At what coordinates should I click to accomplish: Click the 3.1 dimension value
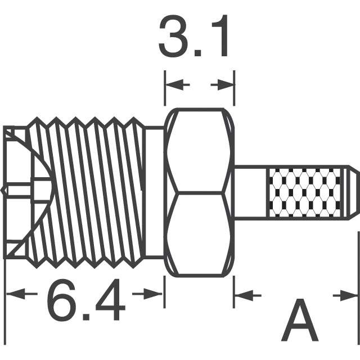click(x=193, y=35)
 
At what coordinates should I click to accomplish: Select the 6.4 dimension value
click(x=86, y=300)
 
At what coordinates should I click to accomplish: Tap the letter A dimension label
click(x=300, y=319)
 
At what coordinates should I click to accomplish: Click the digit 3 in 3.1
click(x=174, y=35)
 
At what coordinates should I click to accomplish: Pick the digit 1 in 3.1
click(x=220, y=35)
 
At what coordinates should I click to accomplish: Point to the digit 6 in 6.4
click(x=61, y=300)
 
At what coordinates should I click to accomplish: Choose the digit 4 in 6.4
click(x=111, y=300)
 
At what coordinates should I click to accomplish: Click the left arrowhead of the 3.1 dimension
click(x=175, y=85)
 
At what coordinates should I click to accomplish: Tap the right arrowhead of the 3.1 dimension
click(x=226, y=85)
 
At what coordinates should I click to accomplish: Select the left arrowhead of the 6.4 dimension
click(x=16, y=294)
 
